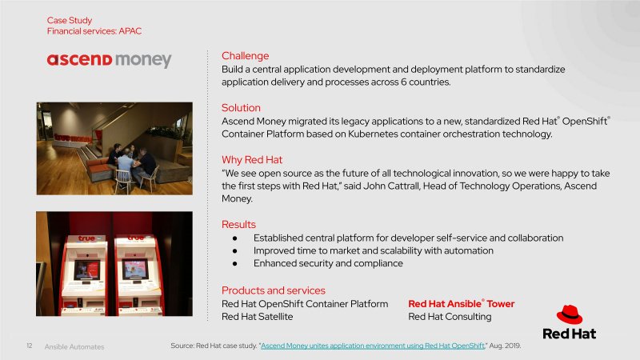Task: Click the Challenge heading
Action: (246, 56)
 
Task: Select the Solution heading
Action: (241, 108)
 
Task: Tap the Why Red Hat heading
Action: (252, 159)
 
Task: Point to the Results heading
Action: (238, 225)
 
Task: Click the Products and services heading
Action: (274, 290)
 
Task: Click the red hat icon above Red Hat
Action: (570, 314)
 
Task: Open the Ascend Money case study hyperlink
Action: (373, 346)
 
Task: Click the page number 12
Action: (30, 346)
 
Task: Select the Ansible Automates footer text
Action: (74, 347)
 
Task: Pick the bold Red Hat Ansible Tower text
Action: (462, 304)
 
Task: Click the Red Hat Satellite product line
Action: (257, 316)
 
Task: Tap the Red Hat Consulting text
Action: (450, 317)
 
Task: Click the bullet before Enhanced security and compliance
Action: (234, 264)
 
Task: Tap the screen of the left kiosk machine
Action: (87, 270)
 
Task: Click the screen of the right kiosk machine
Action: (135, 270)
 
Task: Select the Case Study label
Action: (70, 21)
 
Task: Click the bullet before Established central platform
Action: (234, 238)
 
